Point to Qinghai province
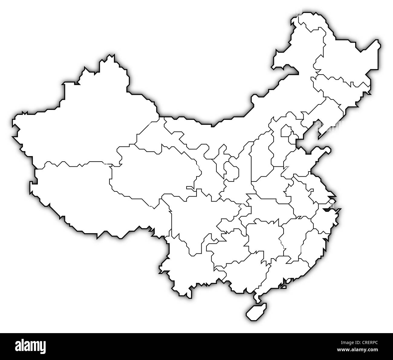[154, 172]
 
